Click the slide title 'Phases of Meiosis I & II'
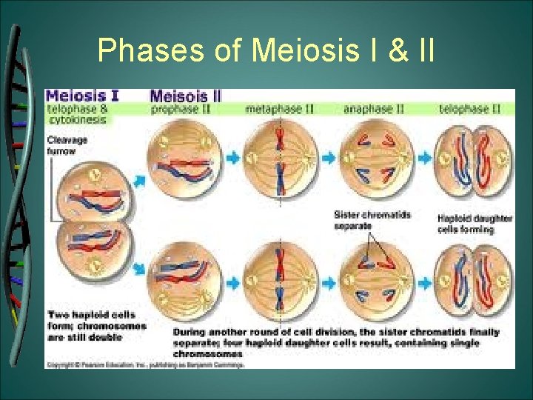coord(266,50)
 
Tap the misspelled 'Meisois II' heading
coord(185,96)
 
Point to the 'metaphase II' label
coord(280,109)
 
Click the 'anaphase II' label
coord(373,109)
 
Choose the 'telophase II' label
coord(469,109)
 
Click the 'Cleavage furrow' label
coord(67,144)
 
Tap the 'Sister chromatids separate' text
coord(372,220)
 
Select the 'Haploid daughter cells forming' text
coord(466,224)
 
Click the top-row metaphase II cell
coord(280,158)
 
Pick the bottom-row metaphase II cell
coord(280,281)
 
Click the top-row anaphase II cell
coord(373,158)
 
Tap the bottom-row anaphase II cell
coord(373,281)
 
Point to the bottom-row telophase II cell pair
coord(472,281)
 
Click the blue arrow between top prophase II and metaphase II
coord(232,158)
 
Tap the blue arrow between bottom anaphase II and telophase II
coord(424,281)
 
